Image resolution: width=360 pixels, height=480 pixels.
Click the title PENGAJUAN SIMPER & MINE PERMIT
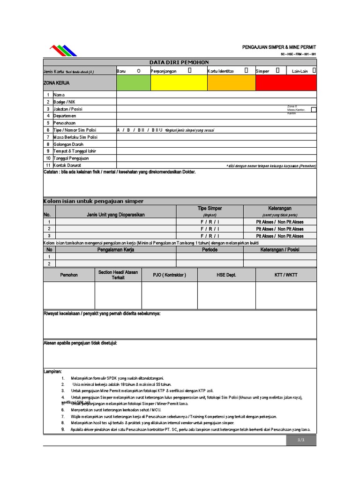[x=279, y=48]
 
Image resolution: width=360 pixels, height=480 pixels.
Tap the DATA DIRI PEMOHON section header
[x=180, y=62]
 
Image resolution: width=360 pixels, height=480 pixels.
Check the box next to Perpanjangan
[x=190, y=70]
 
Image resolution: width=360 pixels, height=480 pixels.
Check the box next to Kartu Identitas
[x=247, y=70]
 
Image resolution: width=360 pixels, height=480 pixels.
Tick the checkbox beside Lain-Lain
[x=314, y=70]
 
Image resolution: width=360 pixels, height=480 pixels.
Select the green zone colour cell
[x=134, y=82]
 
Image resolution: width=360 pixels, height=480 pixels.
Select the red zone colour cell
[x=286, y=82]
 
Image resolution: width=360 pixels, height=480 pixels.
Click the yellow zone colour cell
[x=179, y=82]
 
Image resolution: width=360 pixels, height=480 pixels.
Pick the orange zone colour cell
[x=231, y=82]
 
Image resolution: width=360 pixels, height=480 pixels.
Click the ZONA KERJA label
[x=54, y=82]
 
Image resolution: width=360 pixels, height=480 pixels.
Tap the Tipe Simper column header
[x=210, y=208]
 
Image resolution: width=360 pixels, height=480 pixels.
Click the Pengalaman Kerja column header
[x=116, y=250]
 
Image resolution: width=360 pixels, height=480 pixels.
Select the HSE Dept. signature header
[x=226, y=275]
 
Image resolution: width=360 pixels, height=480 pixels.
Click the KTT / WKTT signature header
[x=285, y=275]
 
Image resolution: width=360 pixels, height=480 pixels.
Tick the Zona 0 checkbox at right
[x=314, y=109]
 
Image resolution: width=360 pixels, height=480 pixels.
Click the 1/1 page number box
[x=301, y=440]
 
